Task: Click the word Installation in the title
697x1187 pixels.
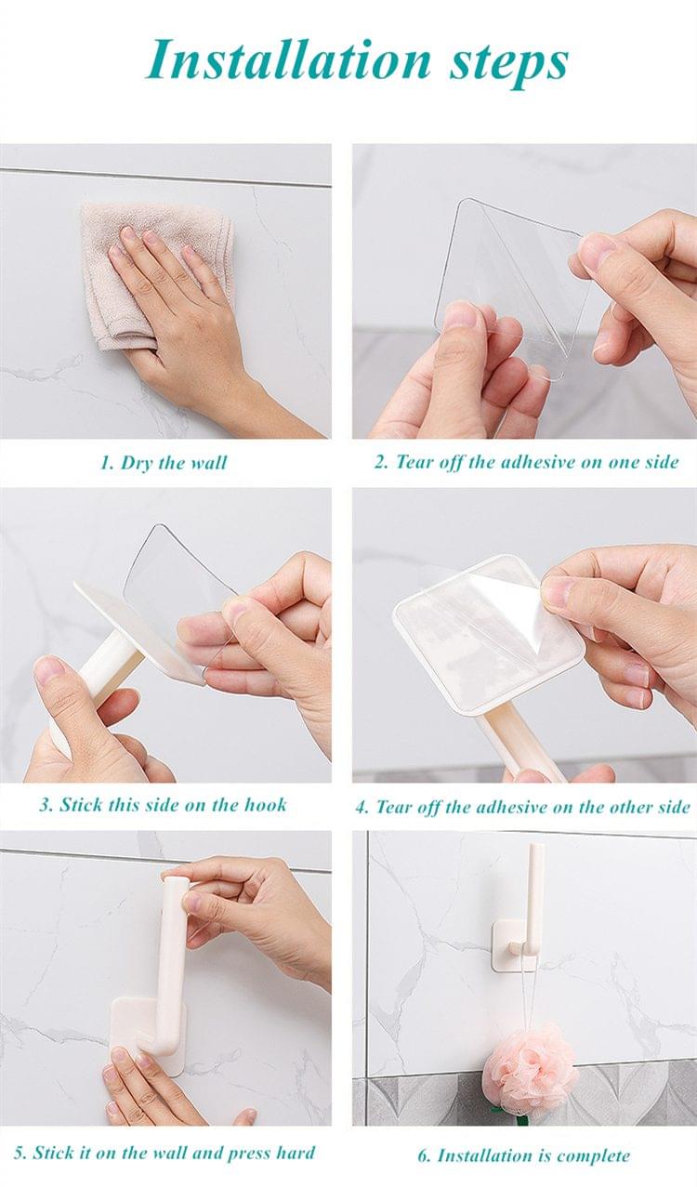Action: tap(289, 61)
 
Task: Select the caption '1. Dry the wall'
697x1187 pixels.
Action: tap(164, 463)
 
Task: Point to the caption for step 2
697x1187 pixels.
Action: tap(526, 462)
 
